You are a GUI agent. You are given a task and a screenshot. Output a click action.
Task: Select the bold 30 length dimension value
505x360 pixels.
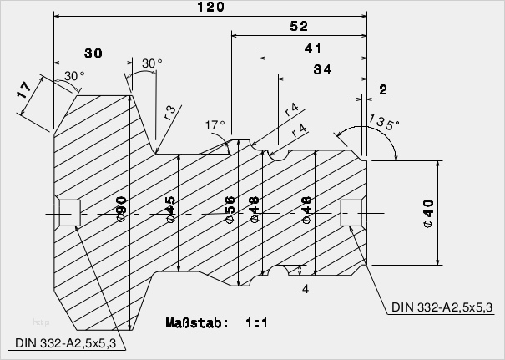coord(93,53)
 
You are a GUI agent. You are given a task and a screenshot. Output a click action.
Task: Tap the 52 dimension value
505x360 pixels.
coord(300,27)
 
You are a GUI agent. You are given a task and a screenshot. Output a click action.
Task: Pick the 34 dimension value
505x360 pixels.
coord(322,70)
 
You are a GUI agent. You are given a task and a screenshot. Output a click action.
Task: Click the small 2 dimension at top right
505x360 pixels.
coord(382,89)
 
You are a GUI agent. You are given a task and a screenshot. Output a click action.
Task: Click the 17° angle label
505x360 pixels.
coord(215,125)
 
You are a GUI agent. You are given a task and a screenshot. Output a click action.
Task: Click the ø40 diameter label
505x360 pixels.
coord(428,213)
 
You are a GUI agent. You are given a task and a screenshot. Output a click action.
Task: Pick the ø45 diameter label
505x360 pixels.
coord(170,209)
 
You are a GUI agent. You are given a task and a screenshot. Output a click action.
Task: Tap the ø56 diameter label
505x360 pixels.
coord(230,209)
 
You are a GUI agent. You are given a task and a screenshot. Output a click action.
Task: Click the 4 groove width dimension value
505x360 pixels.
coord(306,289)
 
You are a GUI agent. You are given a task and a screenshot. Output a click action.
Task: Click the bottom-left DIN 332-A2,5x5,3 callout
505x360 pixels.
coord(65,342)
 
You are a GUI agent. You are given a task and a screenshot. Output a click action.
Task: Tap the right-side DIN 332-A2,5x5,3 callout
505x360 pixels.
coord(442,307)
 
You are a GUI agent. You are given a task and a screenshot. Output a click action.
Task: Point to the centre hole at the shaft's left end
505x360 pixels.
coord(68,212)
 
